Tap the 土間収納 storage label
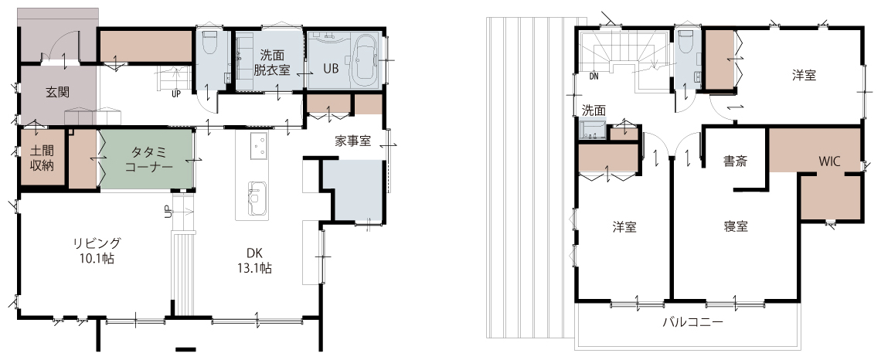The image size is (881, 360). point(43,158)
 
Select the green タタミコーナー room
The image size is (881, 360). point(148,159)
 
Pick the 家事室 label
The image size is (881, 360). point(353,141)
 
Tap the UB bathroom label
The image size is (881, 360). point(331,68)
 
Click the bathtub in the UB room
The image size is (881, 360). point(365,58)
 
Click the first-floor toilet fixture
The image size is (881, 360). point(209,42)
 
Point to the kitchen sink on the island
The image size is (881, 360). point(257,198)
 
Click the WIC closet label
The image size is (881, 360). point(828,161)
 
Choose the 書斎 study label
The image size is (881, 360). point(735,161)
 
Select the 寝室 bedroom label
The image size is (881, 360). point(736,226)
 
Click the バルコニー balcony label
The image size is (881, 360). point(692,322)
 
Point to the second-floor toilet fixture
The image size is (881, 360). point(685,41)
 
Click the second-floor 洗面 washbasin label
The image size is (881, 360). point(594,110)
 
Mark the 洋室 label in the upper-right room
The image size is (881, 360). point(804,75)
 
